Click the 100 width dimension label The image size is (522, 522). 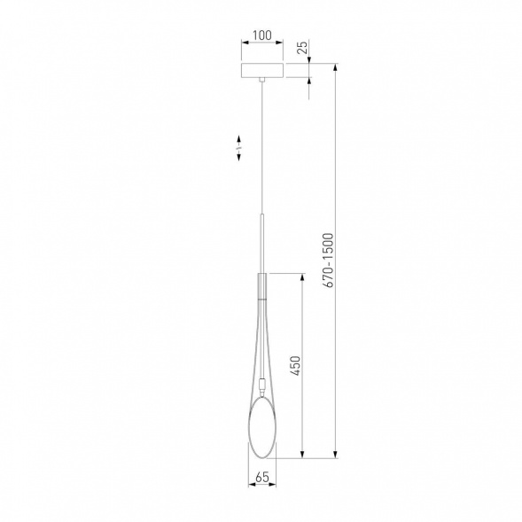pyautogui.click(x=261, y=35)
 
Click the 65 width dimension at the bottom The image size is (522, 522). pyautogui.click(x=261, y=478)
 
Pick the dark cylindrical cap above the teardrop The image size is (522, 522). pyautogui.click(x=261, y=285)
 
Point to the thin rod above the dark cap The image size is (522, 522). pyautogui.click(x=261, y=244)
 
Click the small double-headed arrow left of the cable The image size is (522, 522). pyautogui.click(x=239, y=148)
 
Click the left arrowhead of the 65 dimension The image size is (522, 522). pyautogui.click(x=251, y=486)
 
